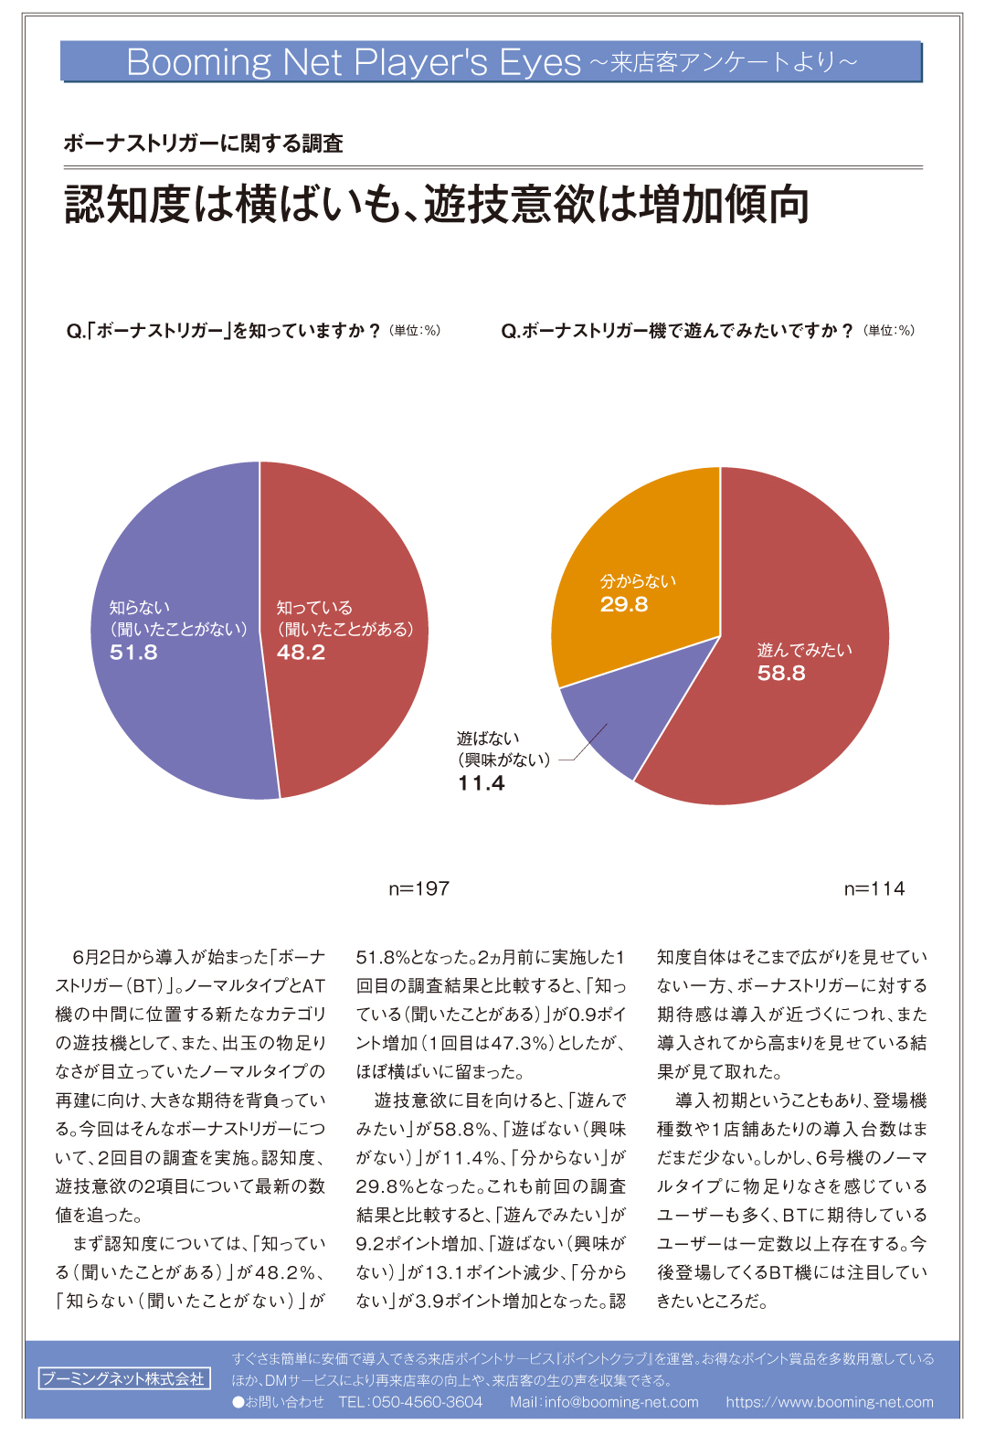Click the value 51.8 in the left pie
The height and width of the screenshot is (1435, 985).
pos(133,653)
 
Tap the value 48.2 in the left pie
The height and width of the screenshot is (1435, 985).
pos(301,653)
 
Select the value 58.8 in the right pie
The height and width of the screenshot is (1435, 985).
pos(781,674)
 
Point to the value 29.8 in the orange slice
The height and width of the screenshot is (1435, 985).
pos(624,604)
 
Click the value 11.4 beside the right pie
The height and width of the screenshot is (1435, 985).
pos(482,783)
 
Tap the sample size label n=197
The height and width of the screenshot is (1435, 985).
pos(418,888)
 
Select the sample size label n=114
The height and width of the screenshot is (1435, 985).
pos(874,888)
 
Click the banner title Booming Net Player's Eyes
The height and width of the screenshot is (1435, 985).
pos(354,62)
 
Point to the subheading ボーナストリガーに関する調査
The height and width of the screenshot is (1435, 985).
pos(203,143)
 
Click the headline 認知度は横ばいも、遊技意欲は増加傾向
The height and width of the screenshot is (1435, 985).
pos(437,204)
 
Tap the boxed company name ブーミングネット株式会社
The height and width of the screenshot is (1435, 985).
pos(123,1378)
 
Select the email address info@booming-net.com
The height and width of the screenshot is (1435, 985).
pos(621,1402)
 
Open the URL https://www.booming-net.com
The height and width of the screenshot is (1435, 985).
pos(830,1402)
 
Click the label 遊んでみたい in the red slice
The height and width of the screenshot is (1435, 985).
pos(804,650)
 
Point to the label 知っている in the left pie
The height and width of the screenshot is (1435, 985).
pos(314,608)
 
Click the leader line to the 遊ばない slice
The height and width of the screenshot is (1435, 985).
pos(585,742)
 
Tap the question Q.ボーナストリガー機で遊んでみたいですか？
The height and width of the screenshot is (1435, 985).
pos(676,331)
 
